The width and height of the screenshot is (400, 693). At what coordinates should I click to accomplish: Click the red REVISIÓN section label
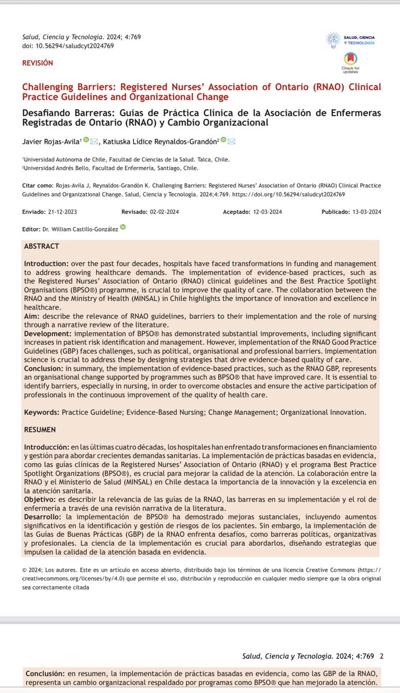click(37, 62)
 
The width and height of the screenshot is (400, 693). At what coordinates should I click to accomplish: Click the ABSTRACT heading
click(42, 246)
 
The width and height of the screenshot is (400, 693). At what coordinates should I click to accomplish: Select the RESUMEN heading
click(40, 430)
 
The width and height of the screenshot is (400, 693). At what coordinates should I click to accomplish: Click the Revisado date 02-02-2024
click(166, 212)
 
